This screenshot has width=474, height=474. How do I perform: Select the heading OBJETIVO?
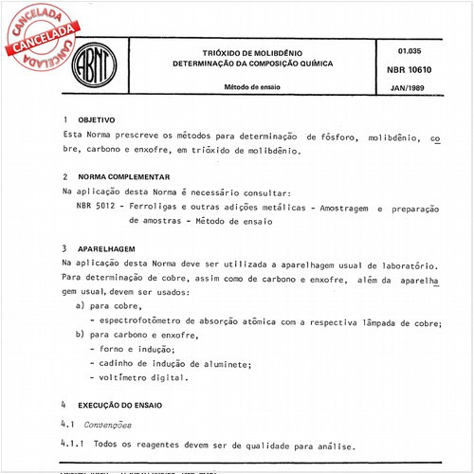95,121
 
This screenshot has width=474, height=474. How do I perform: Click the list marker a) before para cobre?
80,307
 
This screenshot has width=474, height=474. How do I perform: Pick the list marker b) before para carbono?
80,336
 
